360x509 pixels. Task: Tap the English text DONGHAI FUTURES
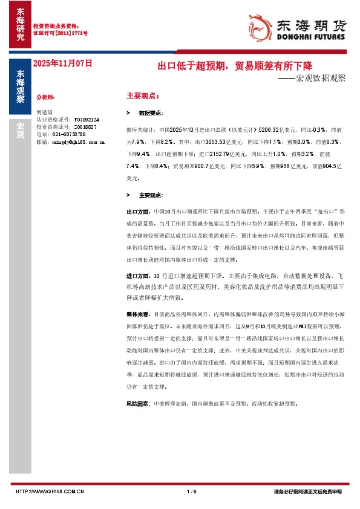(310, 37)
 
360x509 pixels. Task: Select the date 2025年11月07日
(63, 63)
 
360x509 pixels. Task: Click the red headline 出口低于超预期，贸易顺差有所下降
(235, 65)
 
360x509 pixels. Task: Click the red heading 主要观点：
(143, 96)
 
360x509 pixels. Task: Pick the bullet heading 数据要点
(151, 113)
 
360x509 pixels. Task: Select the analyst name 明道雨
(45, 112)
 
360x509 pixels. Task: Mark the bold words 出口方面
(137, 212)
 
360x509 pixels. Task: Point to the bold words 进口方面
(137, 276)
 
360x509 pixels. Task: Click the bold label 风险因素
(137, 403)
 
